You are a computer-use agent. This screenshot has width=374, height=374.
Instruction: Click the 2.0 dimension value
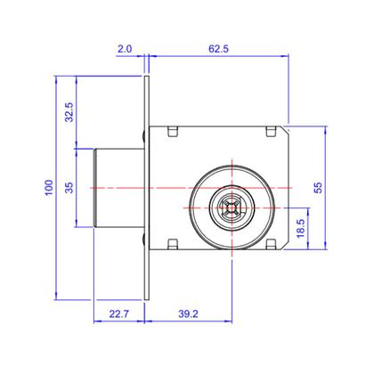pyautogui.click(x=125, y=49)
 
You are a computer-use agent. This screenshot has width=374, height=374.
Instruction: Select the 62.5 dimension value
pyautogui.click(x=218, y=49)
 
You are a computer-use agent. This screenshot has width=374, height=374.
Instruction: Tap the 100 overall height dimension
pyautogui.click(x=49, y=187)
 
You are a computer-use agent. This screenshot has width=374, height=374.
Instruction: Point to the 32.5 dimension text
pyautogui.click(x=69, y=112)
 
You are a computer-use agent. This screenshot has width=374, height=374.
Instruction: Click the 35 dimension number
pyautogui.click(x=69, y=188)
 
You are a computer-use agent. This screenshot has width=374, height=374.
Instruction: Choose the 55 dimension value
pyautogui.click(x=318, y=188)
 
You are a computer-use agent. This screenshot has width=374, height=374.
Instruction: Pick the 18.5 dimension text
pyautogui.click(x=300, y=228)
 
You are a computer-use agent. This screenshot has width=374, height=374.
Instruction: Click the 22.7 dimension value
pyautogui.click(x=118, y=313)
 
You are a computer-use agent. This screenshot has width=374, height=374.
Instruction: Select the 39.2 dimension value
pyautogui.click(x=188, y=313)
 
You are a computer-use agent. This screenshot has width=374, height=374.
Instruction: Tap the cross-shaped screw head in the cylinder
pyautogui.click(x=232, y=207)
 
